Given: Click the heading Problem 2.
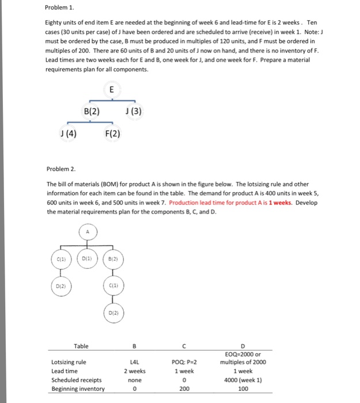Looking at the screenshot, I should [x=62, y=169].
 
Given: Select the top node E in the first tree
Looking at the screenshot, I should [x=111, y=89].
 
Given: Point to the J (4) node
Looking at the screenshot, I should [x=68, y=135].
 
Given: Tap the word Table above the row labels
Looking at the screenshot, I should [x=81, y=345].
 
